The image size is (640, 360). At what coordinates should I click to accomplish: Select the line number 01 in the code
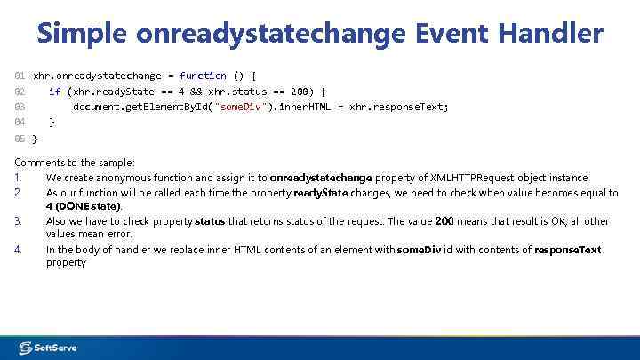[x=20, y=76]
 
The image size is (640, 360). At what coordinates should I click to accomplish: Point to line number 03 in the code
[x=20, y=107]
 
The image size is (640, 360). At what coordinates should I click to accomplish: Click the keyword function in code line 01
[x=203, y=76]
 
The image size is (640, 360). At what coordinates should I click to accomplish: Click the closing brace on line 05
[x=35, y=139]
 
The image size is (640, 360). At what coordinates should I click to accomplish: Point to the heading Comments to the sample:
[x=75, y=163]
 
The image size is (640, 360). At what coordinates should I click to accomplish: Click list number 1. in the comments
[x=19, y=178]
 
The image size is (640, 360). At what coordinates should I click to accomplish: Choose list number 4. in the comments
[x=19, y=250]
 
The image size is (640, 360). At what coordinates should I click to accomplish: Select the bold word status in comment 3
[x=210, y=221]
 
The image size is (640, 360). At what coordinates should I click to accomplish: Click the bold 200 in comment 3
[x=446, y=221]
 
